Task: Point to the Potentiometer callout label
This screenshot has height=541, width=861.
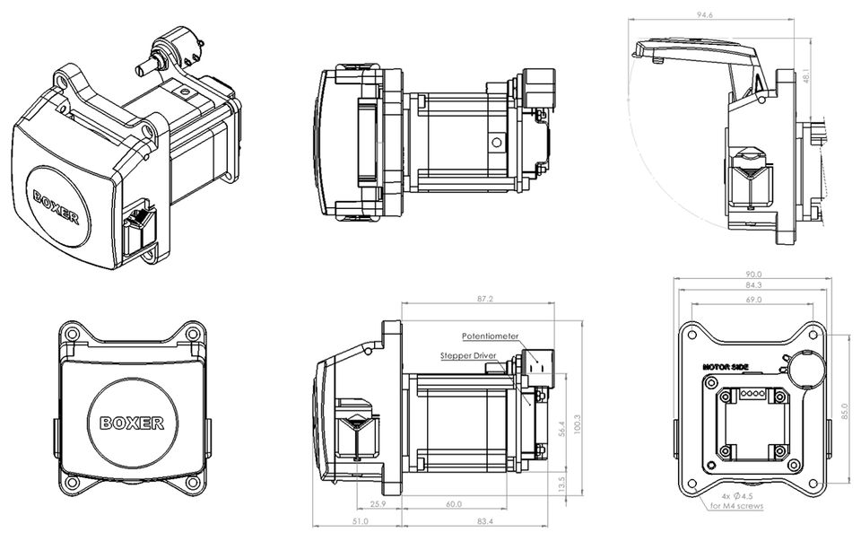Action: [491, 336]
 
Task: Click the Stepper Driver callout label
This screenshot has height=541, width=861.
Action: [468, 355]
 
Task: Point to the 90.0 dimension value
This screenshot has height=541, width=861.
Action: [752, 275]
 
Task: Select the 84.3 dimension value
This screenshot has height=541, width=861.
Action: [752, 287]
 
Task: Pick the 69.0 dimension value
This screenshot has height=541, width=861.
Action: [752, 300]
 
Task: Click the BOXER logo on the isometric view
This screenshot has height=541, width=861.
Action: [57, 206]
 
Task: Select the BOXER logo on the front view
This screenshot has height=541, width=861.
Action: [131, 422]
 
